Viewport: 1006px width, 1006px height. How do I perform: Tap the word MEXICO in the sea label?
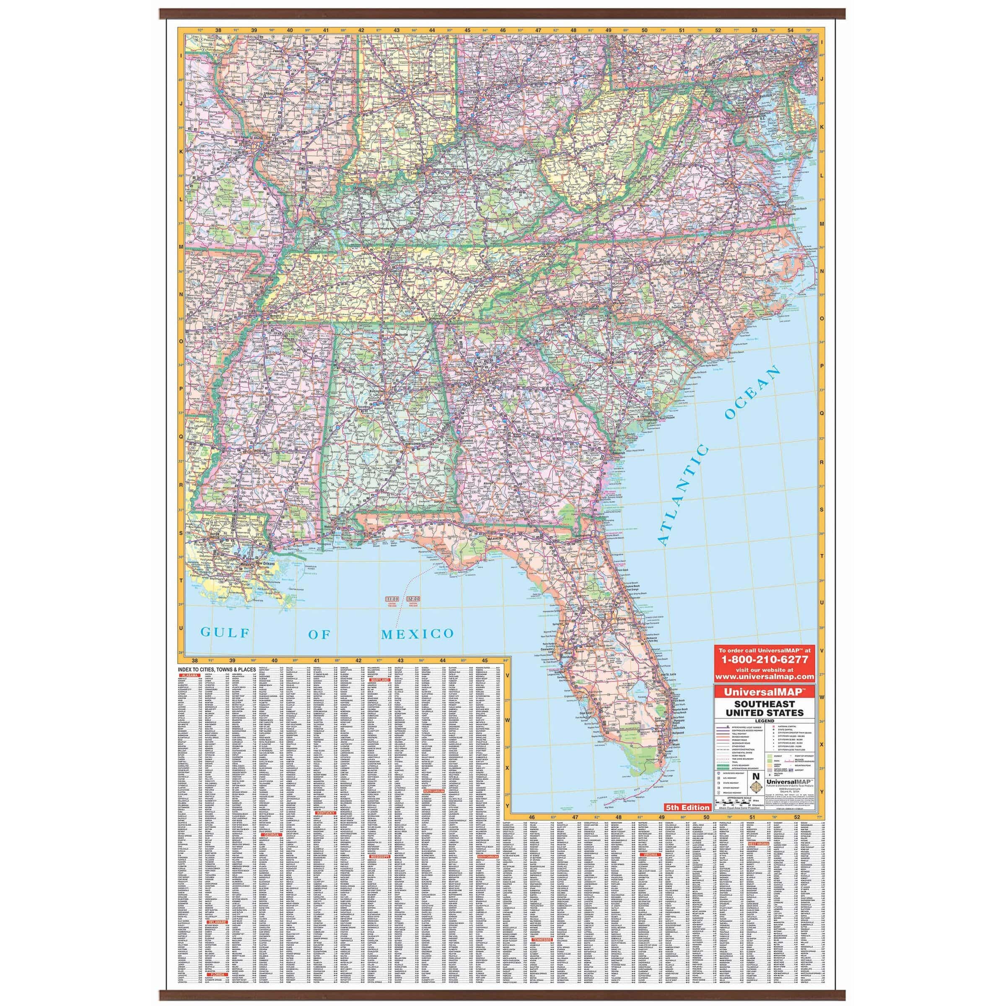[x=417, y=634]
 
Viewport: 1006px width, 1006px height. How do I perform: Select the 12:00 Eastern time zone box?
[x=415, y=600]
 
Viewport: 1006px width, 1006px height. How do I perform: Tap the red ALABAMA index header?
[x=189, y=674]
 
